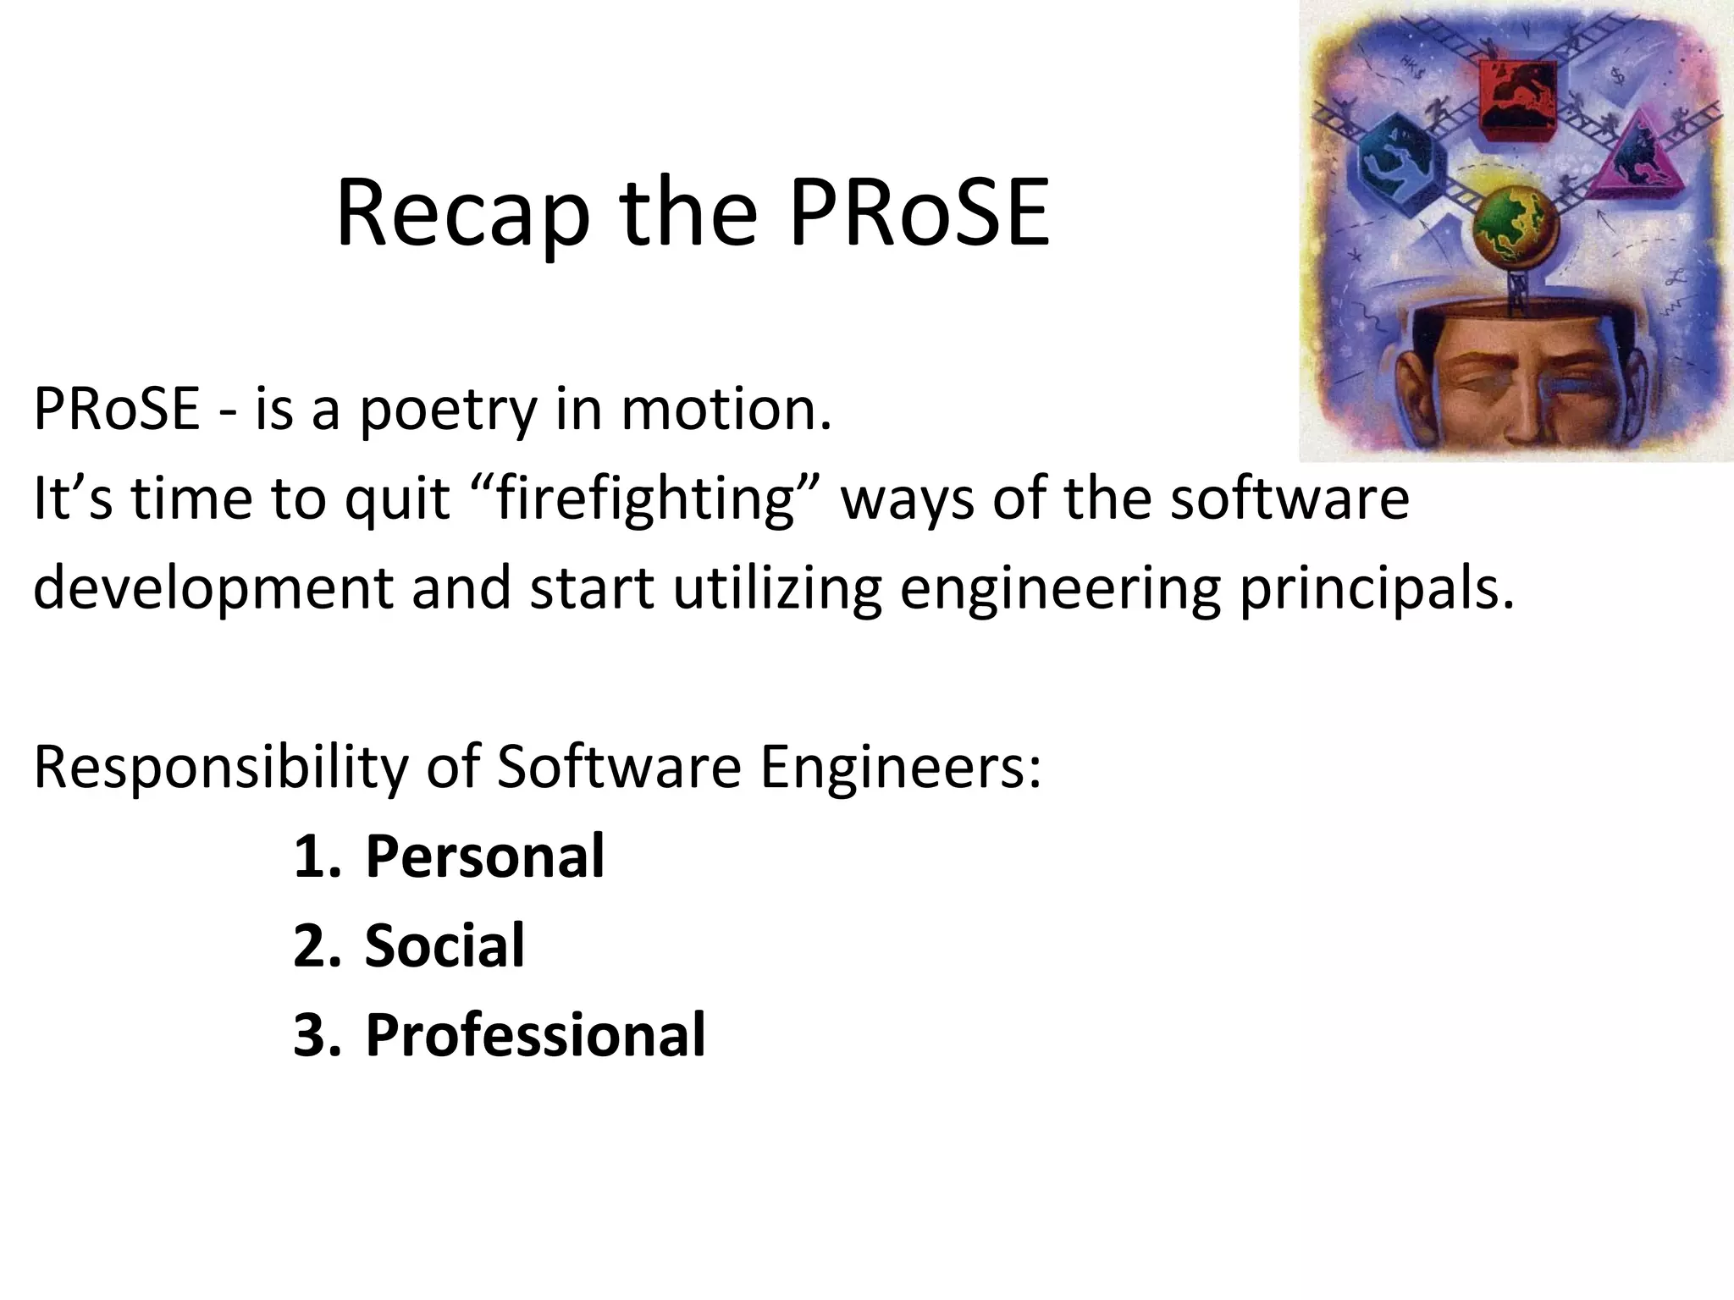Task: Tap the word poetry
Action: [449, 410]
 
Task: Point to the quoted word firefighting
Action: [644, 499]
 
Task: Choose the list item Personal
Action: [484, 856]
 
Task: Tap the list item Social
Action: [445, 945]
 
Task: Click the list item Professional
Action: [535, 1034]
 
